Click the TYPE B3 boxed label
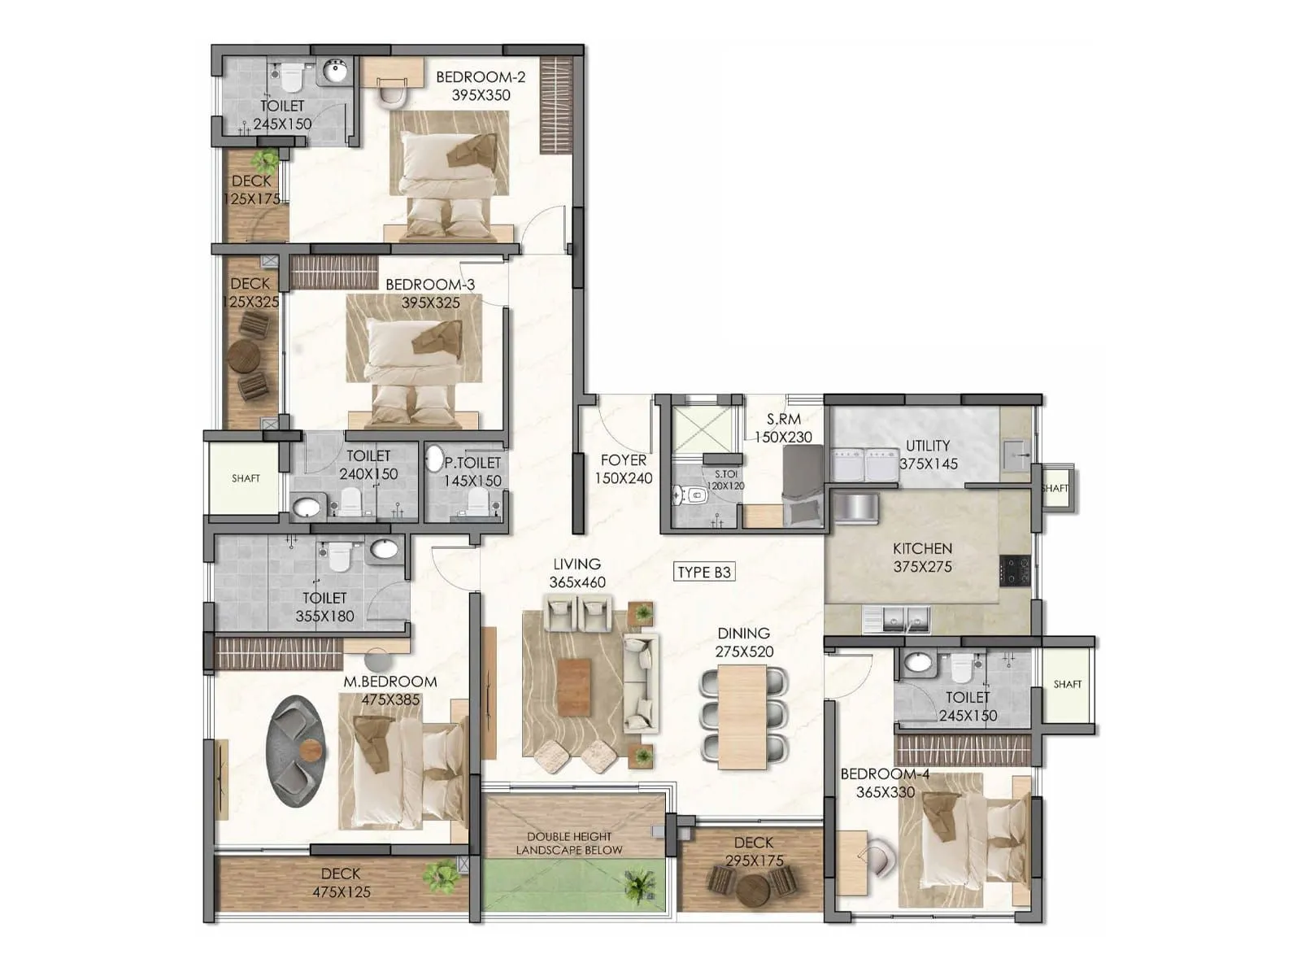click(704, 572)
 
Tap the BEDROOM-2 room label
click(481, 77)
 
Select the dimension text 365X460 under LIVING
click(577, 582)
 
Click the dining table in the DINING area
click(742, 716)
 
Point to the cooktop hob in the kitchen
click(1016, 570)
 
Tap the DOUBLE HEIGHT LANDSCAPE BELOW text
click(569, 843)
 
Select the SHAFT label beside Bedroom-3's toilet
click(246, 478)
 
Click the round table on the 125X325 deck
click(244, 355)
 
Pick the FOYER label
click(624, 460)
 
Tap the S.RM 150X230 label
click(783, 428)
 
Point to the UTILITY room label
click(928, 446)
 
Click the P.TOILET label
click(472, 463)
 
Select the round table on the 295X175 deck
click(754, 890)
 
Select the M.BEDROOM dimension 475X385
click(390, 699)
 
